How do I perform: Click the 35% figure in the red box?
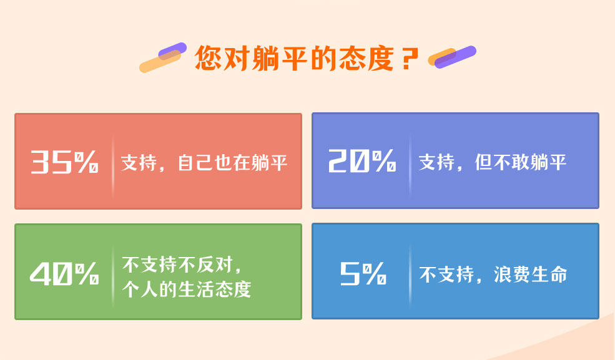[x=64, y=162]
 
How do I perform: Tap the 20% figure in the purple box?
[x=362, y=160]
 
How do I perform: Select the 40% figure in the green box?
[x=64, y=273]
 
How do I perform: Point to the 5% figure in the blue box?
[x=363, y=273]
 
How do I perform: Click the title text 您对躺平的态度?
[x=294, y=58]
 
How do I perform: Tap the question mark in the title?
[x=410, y=59]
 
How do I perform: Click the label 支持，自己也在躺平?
[x=204, y=163]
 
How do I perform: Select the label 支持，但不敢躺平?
[x=492, y=162]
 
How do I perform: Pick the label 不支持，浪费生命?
[x=493, y=274]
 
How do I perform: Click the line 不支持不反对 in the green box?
[x=182, y=265]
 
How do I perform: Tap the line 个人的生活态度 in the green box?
[x=186, y=289]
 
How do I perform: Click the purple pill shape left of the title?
[x=172, y=51]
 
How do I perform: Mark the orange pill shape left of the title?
[x=160, y=62]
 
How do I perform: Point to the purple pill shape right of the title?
[x=455, y=57]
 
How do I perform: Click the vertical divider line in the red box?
[x=112, y=167]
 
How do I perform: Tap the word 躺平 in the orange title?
[x=280, y=58]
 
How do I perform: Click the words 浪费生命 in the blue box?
[x=530, y=274]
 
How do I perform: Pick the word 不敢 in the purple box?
[x=511, y=162]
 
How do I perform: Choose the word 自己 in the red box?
[x=195, y=163]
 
